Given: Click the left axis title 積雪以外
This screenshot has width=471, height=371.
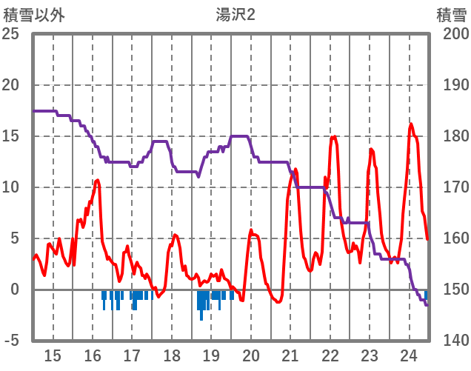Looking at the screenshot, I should pyautogui.click(x=34, y=15).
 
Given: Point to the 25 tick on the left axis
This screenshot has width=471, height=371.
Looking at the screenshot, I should pyautogui.click(x=11, y=34).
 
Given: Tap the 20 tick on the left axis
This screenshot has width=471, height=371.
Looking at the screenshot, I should pyautogui.click(x=11, y=85).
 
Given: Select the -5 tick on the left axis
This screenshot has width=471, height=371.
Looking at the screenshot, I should pyautogui.click(x=11, y=341).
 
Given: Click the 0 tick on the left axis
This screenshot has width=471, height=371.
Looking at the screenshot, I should pyautogui.click(x=15, y=290).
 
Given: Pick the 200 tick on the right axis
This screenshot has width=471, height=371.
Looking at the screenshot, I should pyautogui.click(x=451, y=34).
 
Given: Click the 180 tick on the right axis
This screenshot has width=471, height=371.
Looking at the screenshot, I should pyautogui.click(x=451, y=136).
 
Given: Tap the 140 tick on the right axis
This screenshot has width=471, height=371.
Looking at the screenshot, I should pyautogui.click(x=451, y=341).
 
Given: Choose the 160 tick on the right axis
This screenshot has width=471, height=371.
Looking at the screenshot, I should pyautogui.click(x=451, y=238).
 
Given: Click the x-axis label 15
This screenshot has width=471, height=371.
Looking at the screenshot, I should pyautogui.click(x=53, y=355).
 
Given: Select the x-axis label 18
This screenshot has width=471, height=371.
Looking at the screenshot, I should pyautogui.click(x=171, y=355).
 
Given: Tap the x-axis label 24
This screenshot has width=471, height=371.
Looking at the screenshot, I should pyautogui.click(x=408, y=355).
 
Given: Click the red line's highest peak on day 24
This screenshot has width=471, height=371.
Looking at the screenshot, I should pyautogui.click(x=411, y=124).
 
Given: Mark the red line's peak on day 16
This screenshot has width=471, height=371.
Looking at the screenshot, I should pyautogui.click(x=97, y=180).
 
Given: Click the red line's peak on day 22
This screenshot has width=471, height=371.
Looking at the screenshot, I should pyautogui.click(x=334, y=136).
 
